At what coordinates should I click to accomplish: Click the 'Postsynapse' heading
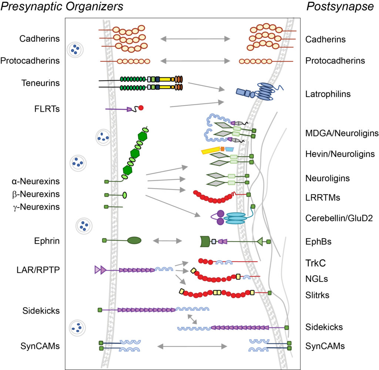340,6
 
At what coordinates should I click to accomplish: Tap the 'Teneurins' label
40,83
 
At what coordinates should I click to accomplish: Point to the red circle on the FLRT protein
141,108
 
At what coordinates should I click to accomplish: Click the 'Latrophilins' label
328,94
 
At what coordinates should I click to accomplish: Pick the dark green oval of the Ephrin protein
134,240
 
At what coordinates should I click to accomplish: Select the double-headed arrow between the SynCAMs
192,346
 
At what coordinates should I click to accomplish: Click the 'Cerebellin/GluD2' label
339,218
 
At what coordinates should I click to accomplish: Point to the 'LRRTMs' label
323,198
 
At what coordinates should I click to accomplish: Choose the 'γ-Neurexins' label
36,206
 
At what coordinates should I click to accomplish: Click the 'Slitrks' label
317,295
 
